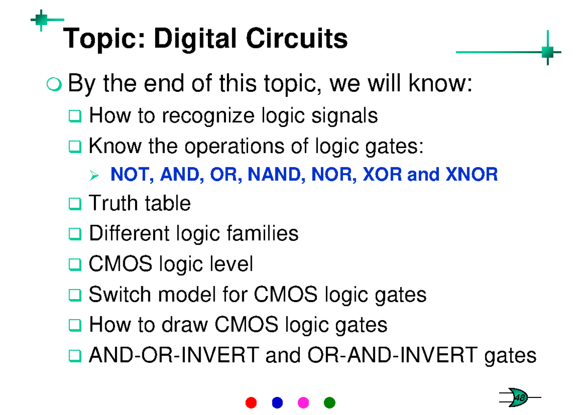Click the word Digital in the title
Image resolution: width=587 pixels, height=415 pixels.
click(x=196, y=39)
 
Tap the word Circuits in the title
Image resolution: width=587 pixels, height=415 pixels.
click(x=297, y=38)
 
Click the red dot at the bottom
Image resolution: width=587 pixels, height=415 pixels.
click(x=251, y=402)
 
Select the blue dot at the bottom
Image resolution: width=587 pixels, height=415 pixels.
click(x=277, y=402)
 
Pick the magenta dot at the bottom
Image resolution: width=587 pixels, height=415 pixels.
click(x=303, y=402)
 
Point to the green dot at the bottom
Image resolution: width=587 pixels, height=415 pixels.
click(x=329, y=402)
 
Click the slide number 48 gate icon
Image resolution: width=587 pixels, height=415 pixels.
click(x=519, y=397)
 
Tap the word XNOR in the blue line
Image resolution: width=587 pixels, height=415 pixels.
click(x=472, y=174)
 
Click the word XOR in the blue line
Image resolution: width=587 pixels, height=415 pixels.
click(x=383, y=174)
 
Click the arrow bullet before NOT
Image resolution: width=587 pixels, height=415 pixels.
click(x=94, y=175)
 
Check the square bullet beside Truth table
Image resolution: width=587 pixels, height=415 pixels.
click(x=75, y=204)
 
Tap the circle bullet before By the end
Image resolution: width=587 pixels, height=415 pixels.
click(x=54, y=84)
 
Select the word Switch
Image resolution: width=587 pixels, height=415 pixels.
click(x=120, y=294)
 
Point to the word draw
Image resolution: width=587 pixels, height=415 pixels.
click(x=185, y=325)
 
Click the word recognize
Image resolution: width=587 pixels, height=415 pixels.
click(x=208, y=116)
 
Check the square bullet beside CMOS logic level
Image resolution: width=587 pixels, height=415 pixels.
click(x=75, y=264)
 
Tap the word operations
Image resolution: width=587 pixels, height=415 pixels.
click(x=234, y=147)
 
